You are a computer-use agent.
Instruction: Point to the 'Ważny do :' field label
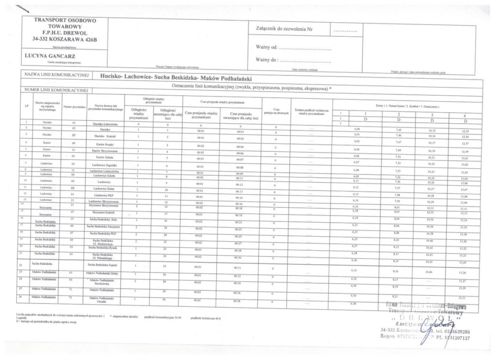(266, 60)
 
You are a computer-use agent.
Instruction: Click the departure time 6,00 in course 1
(358, 130)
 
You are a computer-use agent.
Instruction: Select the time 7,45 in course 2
(399, 130)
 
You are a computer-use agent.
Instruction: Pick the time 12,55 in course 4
(466, 130)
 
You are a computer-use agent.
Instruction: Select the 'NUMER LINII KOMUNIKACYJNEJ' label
(54, 90)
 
